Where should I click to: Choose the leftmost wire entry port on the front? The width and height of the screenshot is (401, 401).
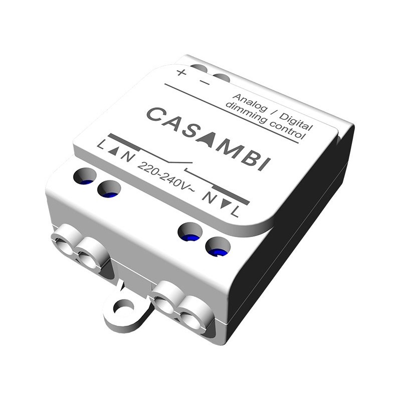click(x=65, y=241)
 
